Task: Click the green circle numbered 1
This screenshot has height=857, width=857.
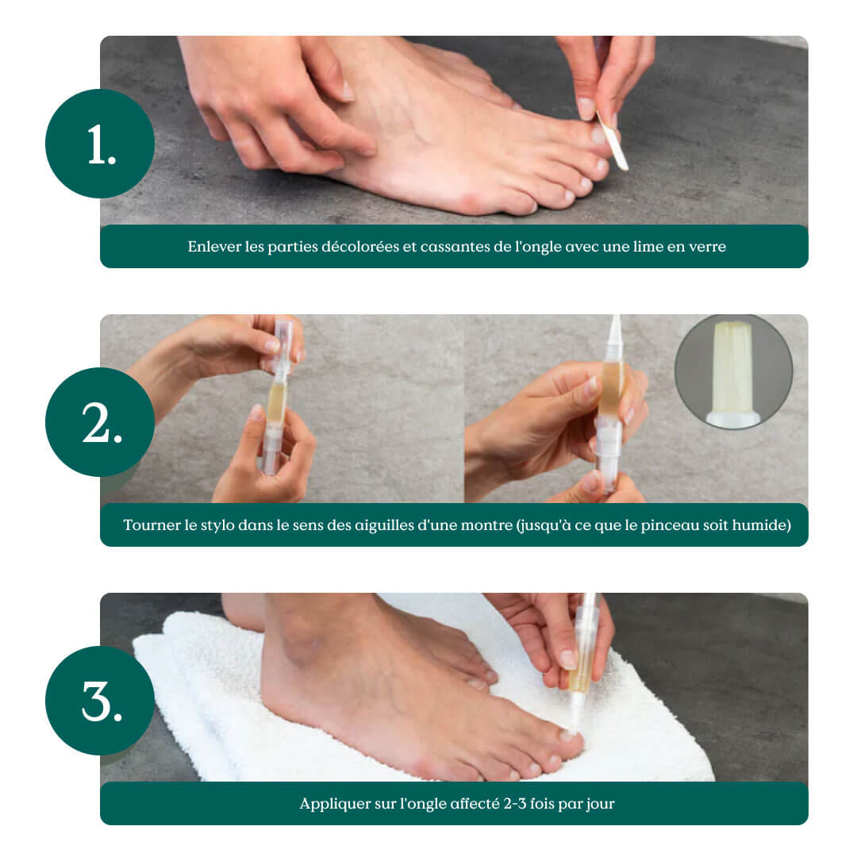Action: click(100, 144)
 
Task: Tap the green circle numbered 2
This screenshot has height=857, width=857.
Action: click(100, 422)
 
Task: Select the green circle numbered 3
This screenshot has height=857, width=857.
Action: click(100, 701)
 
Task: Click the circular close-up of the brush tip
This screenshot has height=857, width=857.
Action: click(733, 371)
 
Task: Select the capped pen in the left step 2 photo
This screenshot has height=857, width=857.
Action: click(277, 396)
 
